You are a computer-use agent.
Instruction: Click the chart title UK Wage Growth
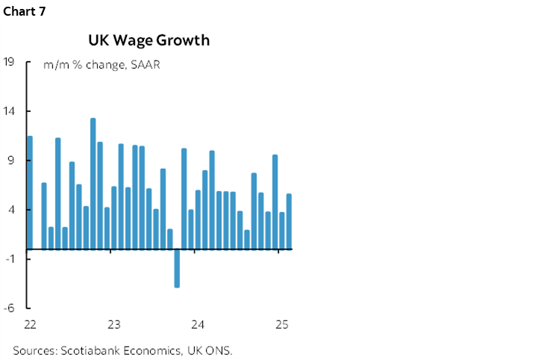(149, 40)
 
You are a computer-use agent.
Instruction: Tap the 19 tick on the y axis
(10, 62)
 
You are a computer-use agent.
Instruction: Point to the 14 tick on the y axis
(10, 111)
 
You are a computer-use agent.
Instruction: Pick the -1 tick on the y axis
(10, 259)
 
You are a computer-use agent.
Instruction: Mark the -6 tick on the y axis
(10, 308)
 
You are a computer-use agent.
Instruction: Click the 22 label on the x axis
(30, 325)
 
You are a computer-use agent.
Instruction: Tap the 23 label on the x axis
(114, 325)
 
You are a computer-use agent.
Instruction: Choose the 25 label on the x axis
(281, 325)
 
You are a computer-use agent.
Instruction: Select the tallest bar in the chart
(93, 183)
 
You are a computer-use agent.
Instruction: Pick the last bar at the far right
(289, 221)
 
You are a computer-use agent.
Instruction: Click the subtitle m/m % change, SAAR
(102, 64)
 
